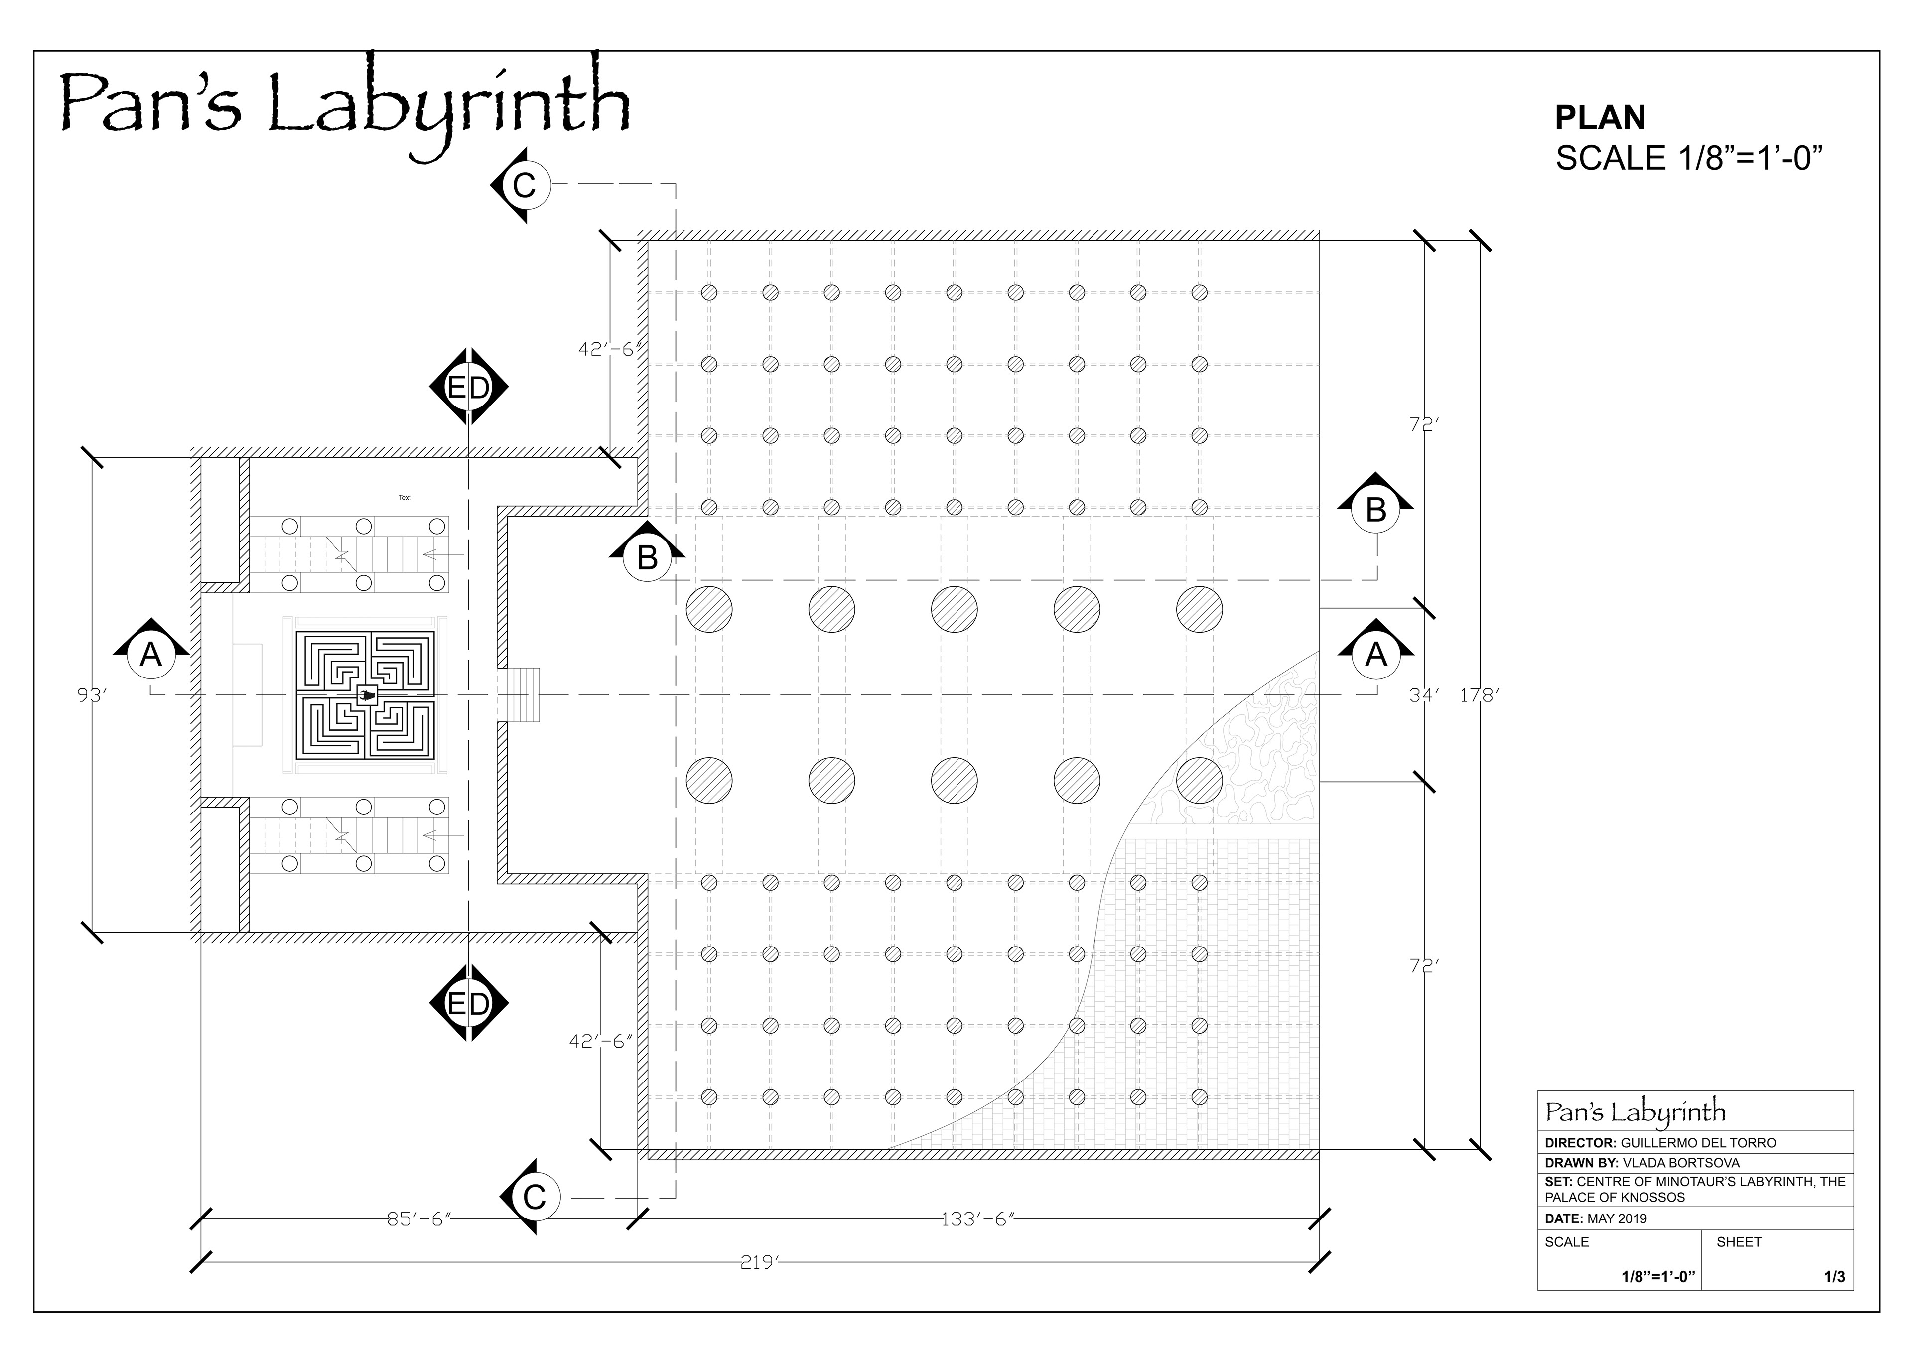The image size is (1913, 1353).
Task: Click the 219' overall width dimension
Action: [x=758, y=1262]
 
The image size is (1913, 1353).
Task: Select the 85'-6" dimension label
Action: [x=419, y=1219]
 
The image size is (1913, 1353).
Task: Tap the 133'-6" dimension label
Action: [x=976, y=1219]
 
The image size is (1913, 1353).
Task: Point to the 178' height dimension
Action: [x=1479, y=695]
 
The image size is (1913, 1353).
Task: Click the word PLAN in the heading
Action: [x=1600, y=118]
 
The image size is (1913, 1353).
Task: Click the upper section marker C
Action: [x=523, y=185]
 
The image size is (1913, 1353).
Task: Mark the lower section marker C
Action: [x=533, y=1197]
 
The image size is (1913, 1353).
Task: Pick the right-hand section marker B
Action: [x=1375, y=509]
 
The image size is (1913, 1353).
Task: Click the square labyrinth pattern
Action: [x=366, y=695]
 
